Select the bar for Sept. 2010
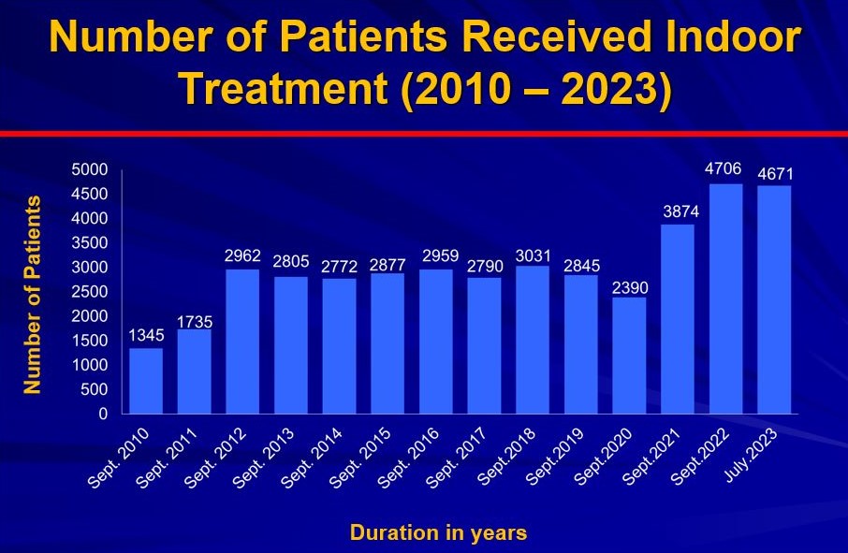[x=145, y=381]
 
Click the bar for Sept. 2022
[x=725, y=298]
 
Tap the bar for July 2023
[x=774, y=299]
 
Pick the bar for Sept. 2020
[x=629, y=356]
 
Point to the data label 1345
[x=146, y=334]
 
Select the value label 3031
[x=532, y=252]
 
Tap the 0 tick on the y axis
[x=103, y=414]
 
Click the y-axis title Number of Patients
[x=33, y=294]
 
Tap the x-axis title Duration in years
[x=438, y=533]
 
